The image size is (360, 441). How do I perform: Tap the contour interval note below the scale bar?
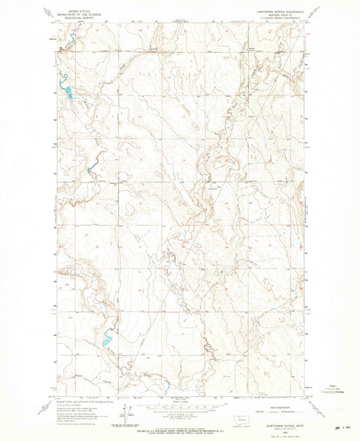[180, 414]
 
